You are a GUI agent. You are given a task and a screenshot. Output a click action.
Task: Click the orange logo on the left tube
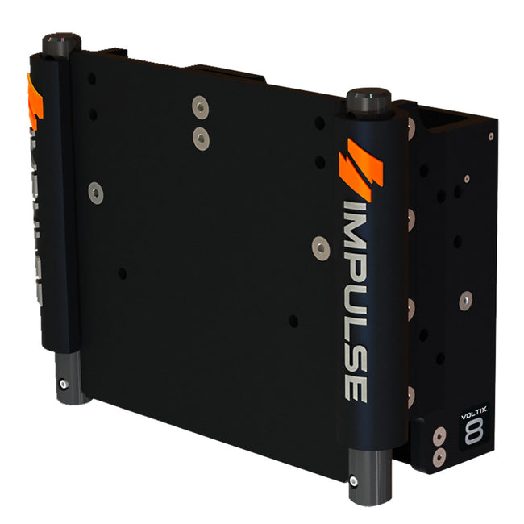pyautogui.click(x=33, y=102)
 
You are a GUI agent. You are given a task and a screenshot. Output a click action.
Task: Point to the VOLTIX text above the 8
pyautogui.click(x=472, y=417)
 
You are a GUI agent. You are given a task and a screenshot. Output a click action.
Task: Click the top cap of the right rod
pyautogui.click(x=368, y=100)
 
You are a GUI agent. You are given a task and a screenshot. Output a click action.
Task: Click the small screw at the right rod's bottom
pyautogui.click(x=356, y=483)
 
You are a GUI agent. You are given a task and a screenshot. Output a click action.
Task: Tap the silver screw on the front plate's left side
pyautogui.click(x=96, y=192)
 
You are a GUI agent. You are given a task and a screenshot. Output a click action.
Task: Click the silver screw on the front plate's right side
pyautogui.click(x=321, y=248)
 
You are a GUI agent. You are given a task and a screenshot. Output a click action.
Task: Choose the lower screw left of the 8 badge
pyautogui.click(x=438, y=457)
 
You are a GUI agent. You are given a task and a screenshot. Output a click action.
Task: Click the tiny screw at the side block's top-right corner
pyautogui.click(x=490, y=136)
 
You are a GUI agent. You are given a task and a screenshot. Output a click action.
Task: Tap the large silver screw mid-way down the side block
pyautogui.click(x=464, y=300)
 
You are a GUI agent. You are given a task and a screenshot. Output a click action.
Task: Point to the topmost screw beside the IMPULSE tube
pyautogui.click(x=411, y=126)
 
